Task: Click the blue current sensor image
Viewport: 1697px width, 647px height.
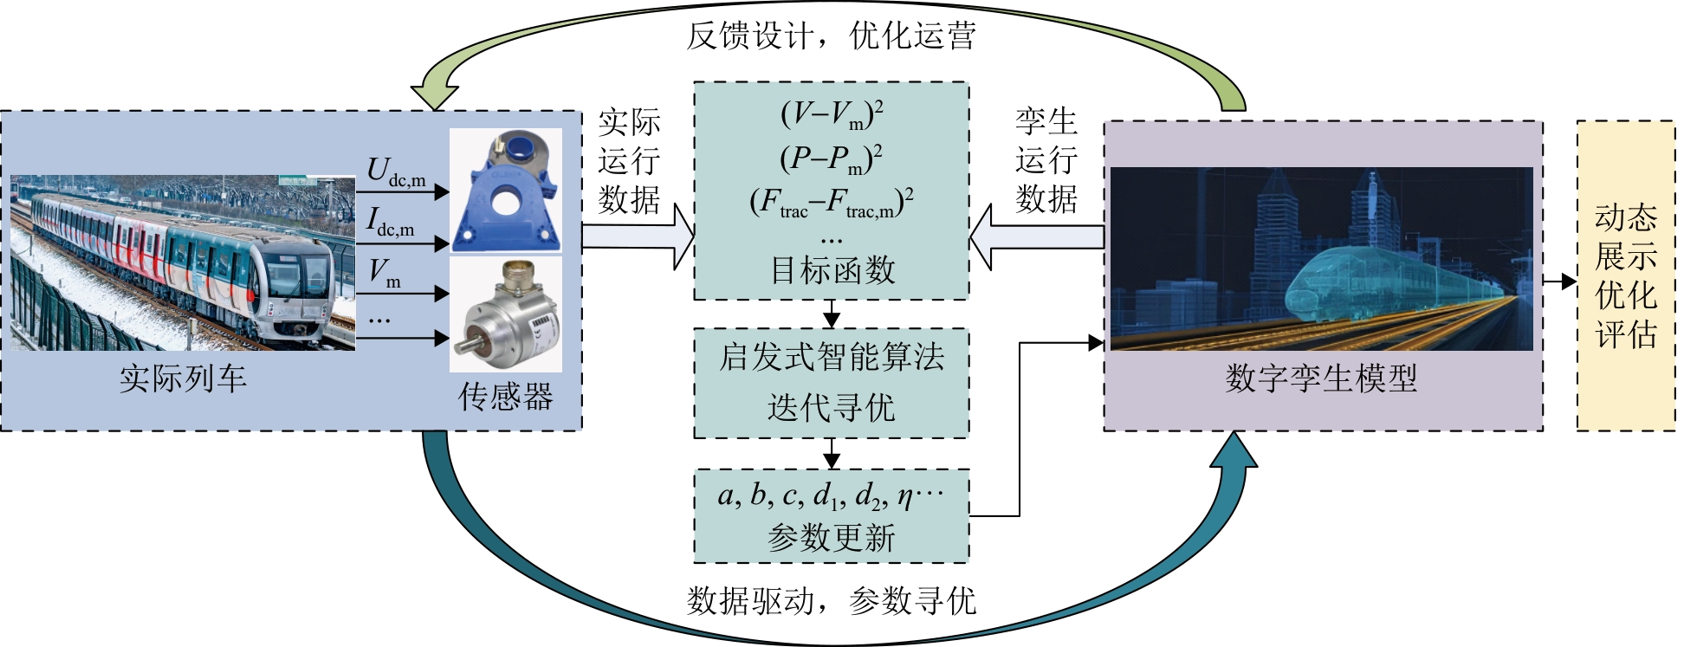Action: [506, 191]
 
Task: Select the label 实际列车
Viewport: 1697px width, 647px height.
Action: [183, 378]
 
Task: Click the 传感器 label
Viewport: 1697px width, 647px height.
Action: [506, 398]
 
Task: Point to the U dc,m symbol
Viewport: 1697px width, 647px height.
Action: [395, 171]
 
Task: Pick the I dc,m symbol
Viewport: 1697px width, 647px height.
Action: [390, 222]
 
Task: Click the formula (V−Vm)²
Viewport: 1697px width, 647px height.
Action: [832, 113]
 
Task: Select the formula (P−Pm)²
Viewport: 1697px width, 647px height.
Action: [832, 159]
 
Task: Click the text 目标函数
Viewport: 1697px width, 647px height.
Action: [832, 270]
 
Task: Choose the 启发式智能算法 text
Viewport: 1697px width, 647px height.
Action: [832, 357]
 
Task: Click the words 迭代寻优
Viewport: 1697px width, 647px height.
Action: [832, 407]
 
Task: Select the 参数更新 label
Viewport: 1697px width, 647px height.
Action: [832, 538]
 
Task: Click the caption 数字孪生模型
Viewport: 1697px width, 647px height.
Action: [1321, 378]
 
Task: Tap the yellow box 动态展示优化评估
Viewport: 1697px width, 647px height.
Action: [1626, 275]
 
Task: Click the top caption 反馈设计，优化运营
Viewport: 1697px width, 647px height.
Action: [832, 36]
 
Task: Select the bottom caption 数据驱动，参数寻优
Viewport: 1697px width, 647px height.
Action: [832, 600]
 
